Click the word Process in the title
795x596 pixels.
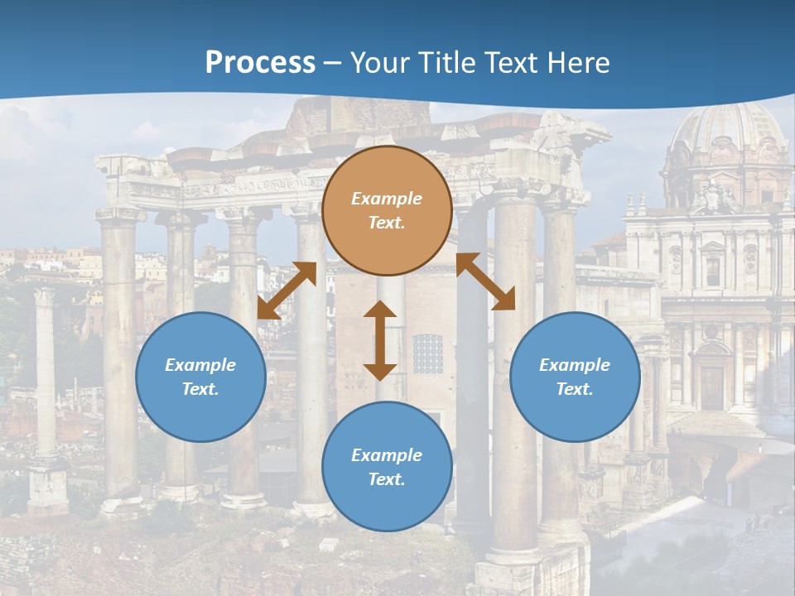pos(260,63)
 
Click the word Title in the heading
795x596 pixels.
pos(443,63)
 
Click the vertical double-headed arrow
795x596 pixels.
pos(380,340)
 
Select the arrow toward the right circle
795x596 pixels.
pos(485,281)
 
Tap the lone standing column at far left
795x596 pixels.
pos(46,372)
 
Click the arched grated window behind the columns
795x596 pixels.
pos(427,353)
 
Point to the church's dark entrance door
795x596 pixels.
pos(711,386)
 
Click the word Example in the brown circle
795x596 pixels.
pos(387,199)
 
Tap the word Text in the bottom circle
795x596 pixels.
pos(387,479)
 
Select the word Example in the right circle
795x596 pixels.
pos(575,365)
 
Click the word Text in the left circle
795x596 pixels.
pos(200,389)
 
